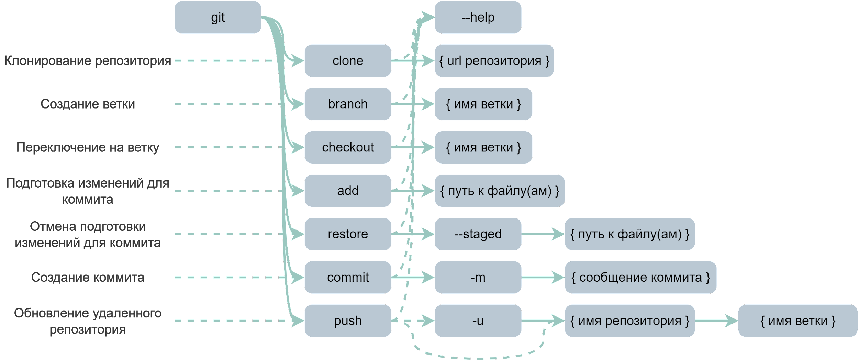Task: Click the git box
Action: (x=218, y=17)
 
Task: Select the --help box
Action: (x=478, y=17)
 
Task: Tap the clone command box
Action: (x=348, y=60)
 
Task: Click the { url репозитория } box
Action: (x=494, y=60)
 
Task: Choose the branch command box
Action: (x=348, y=104)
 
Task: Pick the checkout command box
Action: (x=348, y=147)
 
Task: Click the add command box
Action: (x=348, y=190)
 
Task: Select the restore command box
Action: (x=348, y=234)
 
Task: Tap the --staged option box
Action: (x=478, y=234)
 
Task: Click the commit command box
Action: (x=348, y=277)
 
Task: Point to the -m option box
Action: (x=478, y=277)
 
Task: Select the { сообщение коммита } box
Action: (x=640, y=277)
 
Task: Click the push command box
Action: (x=348, y=320)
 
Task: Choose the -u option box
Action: (x=478, y=320)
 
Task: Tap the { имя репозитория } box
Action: (x=629, y=320)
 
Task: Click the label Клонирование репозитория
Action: (x=88, y=61)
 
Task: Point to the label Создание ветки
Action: (x=88, y=104)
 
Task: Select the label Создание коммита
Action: (x=88, y=277)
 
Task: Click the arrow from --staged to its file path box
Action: (x=543, y=234)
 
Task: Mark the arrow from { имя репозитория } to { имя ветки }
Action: (x=716, y=321)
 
